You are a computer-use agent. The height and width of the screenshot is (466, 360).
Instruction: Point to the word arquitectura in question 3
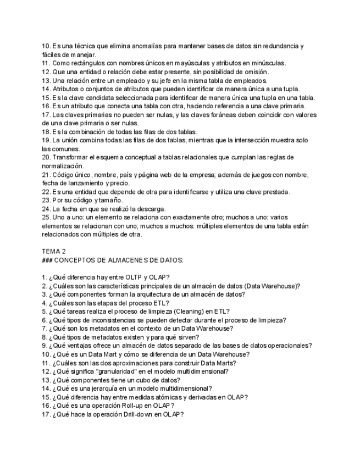pyautogui.click(x=148, y=294)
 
